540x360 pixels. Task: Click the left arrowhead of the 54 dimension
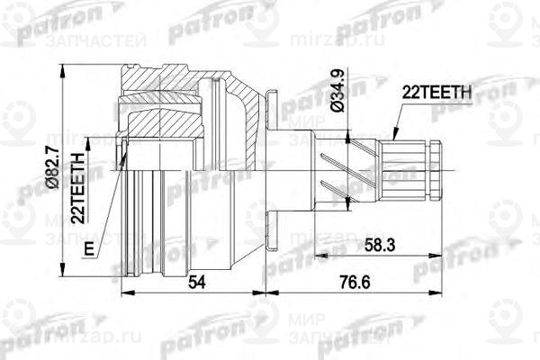pyautogui.click(x=124, y=293)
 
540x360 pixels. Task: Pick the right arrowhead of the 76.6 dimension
pyautogui.click(x=440, y=293)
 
